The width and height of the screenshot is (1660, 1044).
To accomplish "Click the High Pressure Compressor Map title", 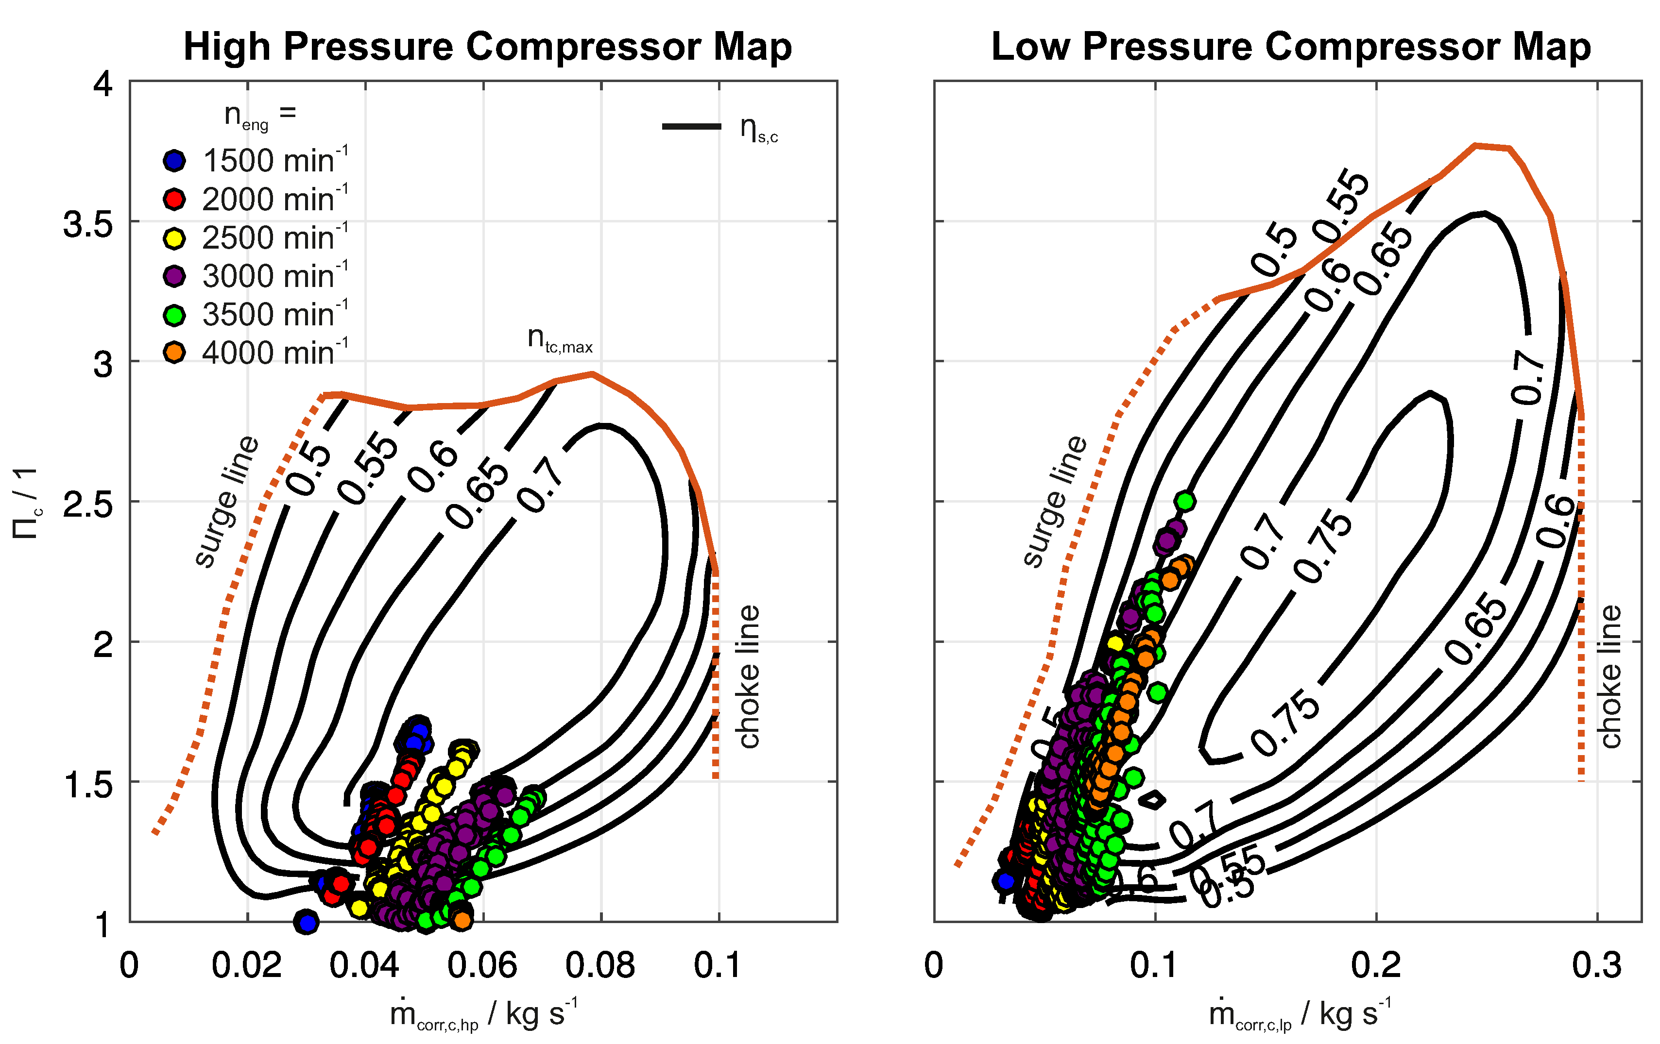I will [487, 47].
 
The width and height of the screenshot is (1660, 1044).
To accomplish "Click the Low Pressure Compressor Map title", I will [1290, 47].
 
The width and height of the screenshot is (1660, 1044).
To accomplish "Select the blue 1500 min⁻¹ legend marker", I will [174, 161].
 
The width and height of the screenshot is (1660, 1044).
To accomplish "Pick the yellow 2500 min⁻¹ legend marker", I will [174, 238].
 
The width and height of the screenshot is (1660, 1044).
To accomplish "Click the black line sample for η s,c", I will [691, 126].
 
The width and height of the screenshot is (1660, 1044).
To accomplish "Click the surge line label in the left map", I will [226, 502].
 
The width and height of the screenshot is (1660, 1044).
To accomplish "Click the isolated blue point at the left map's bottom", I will [307, 921].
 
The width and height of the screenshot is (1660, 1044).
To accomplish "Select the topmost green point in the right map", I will [1185, 501].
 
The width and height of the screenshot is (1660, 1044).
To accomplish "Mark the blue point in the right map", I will [1006, 880].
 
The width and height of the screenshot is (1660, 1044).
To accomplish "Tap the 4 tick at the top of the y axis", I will [103, 85].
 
